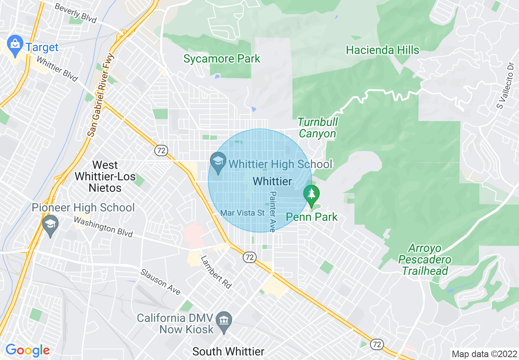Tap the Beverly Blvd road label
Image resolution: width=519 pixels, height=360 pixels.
(75, 13)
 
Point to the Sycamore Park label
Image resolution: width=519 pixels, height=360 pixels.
(221, 59)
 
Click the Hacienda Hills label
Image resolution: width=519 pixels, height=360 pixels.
(382, 50)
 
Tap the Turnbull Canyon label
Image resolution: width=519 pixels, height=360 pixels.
(318, 128)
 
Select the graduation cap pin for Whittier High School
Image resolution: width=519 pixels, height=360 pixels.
(218, 162)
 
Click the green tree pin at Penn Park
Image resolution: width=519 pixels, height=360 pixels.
(312, 196)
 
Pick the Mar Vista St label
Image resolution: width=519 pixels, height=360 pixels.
(243, 213)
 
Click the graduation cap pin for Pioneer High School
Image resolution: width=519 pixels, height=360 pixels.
(50, 227)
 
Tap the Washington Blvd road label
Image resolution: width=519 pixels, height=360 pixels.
(103, 227)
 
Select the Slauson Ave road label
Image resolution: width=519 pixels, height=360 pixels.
(160, 281)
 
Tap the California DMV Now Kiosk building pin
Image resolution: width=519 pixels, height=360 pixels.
(224, 318)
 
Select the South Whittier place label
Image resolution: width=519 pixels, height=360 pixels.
(228, 351)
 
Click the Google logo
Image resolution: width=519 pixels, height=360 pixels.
(27, 350)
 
